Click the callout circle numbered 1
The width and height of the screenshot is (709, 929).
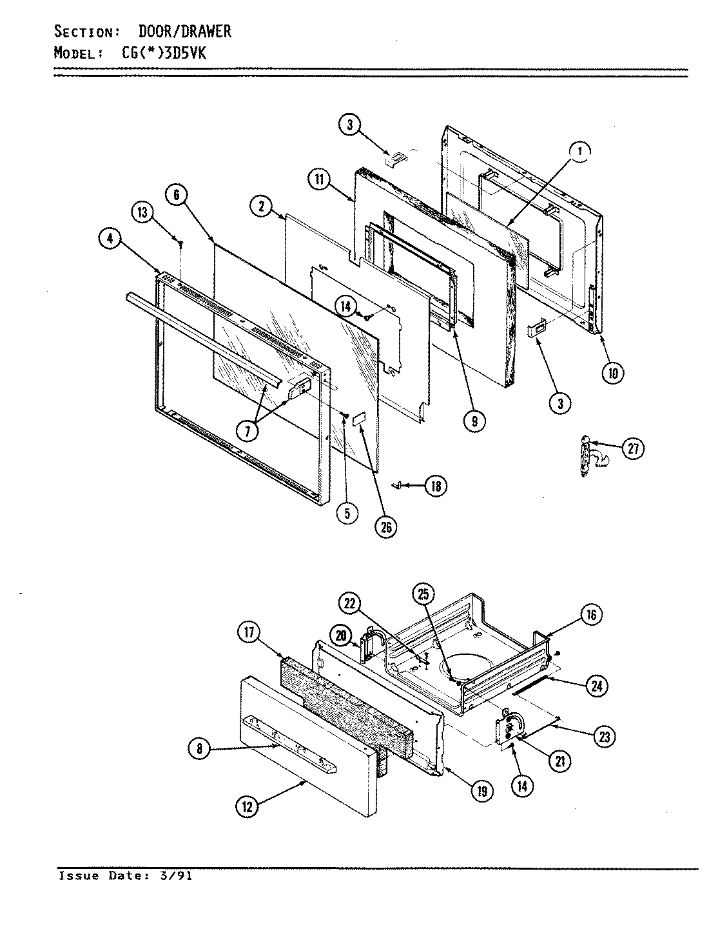pyautogui.click(x=579, y=152)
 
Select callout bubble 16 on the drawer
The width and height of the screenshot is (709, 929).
pyautogui.click(x=592, y=615)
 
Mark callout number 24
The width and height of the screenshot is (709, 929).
pyautogui.click(x=596, y=686)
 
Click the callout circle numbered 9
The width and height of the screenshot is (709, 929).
pyautogui.click(x=474, y=421)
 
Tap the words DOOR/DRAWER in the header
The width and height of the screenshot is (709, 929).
pyautogui.click(x=184, y=31)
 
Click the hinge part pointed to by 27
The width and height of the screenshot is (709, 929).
pyautogui.click(x=585, y=457)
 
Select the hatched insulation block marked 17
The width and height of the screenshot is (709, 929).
pyautogui.click(x=342, y=697)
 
